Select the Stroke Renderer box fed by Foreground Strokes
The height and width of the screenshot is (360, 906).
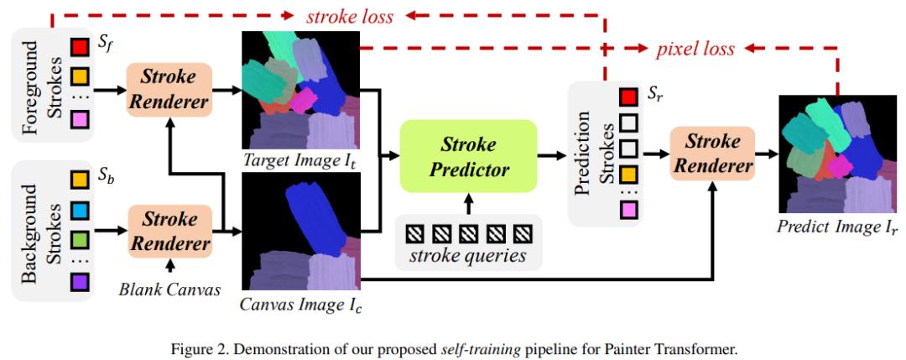coord(168,90)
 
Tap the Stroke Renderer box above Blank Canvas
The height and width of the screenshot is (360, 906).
coord(168,232)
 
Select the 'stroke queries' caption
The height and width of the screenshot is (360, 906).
coord(468,254)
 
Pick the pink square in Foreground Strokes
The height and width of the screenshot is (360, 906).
coord(80,123)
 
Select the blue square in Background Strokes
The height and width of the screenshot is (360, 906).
coord(80,207)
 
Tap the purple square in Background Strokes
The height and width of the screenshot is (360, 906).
coord(80,284)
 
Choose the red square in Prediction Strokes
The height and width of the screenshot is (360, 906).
coord(627,98)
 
